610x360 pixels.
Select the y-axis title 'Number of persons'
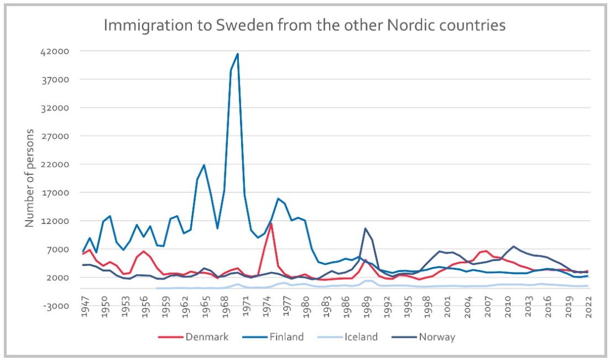30,178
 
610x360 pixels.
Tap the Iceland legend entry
359,337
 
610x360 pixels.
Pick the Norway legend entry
436,337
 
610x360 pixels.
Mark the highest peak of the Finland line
238,54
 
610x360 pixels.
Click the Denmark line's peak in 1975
271,223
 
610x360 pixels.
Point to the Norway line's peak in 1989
365,228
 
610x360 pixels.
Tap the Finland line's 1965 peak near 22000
204,165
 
